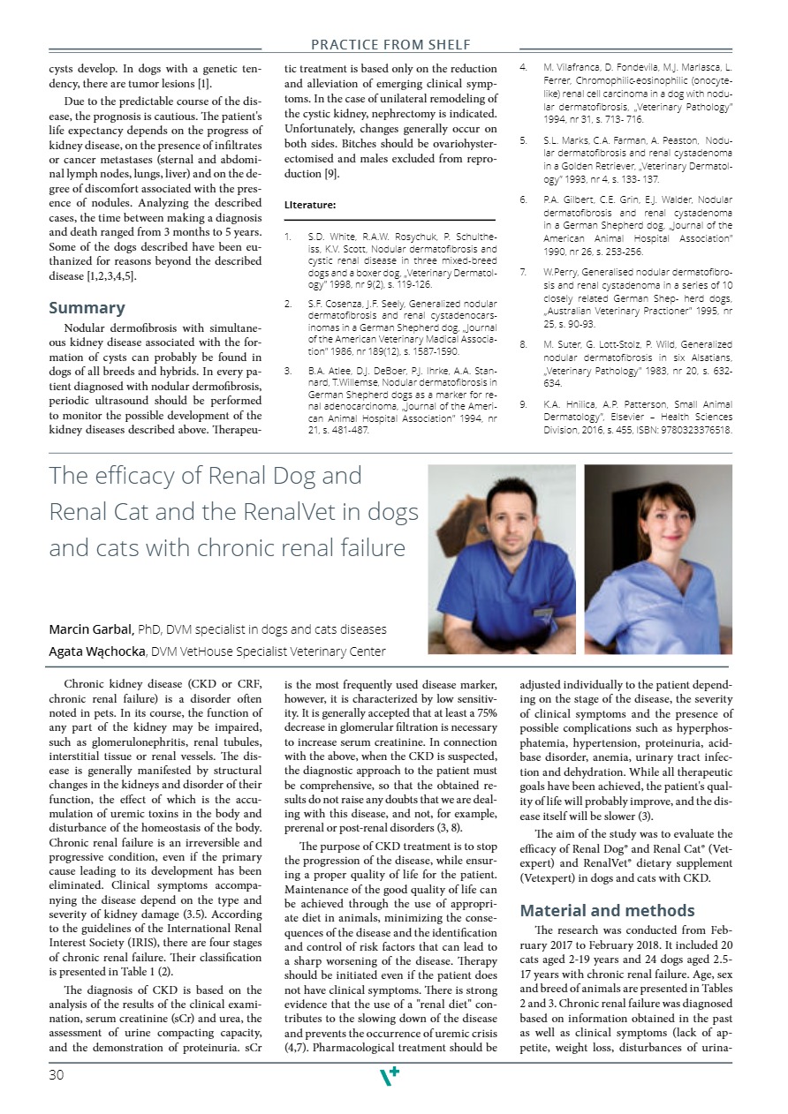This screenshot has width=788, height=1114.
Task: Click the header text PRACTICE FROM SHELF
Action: [x=390, y=44]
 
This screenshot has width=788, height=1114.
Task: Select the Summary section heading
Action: [x=87, y=308]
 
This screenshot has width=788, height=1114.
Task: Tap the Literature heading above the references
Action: [x=309, y=205]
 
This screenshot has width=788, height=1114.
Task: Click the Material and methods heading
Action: [x=607, y=911]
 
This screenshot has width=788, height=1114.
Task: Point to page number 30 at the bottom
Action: [x=57, y=1074]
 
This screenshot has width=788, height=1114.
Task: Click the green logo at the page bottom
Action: [x=389, y=1074]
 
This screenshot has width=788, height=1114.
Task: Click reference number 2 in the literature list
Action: [x=288, y=304]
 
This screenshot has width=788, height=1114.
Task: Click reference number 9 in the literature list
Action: [x=523, y=403]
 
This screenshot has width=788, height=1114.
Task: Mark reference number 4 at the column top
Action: [x=523, y=67]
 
